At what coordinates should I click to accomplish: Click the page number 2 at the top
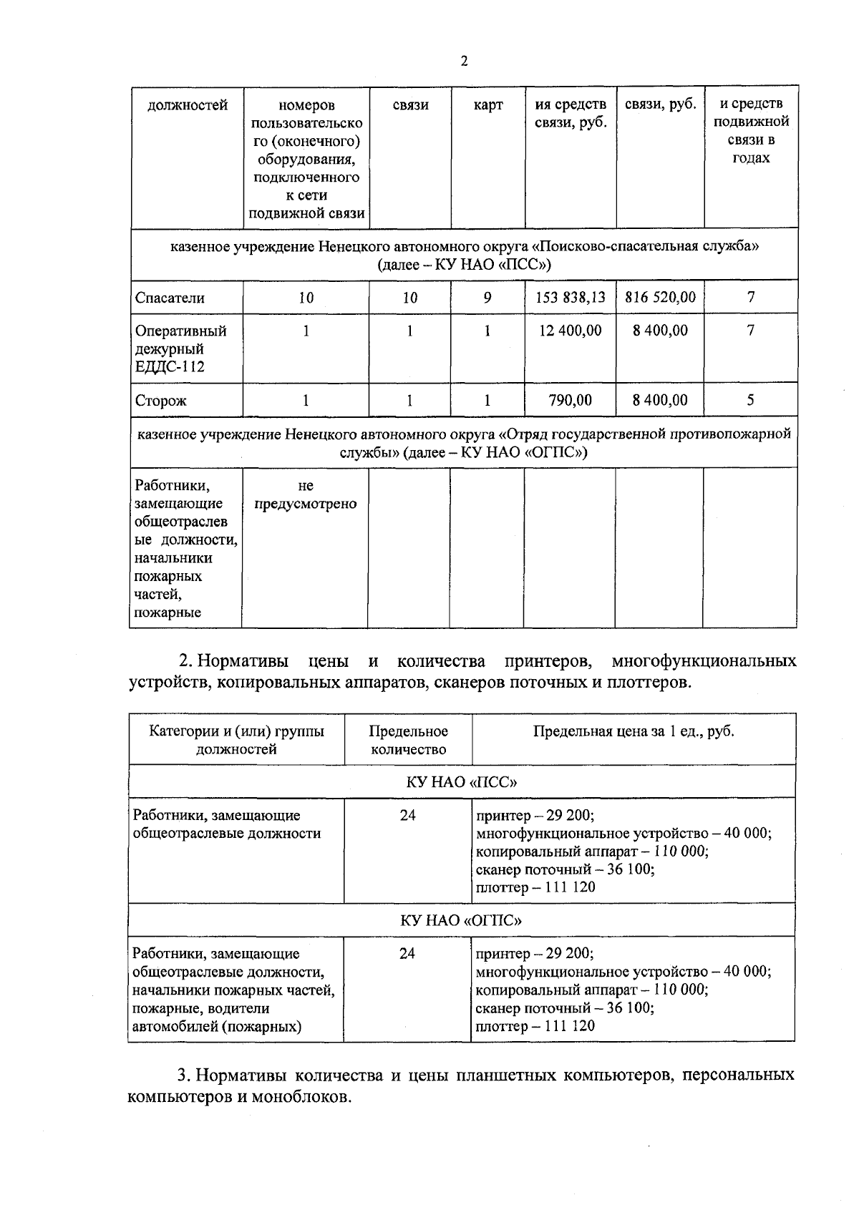[464, 62]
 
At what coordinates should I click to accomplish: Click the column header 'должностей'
[188, 106]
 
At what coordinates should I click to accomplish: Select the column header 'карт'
[488, 105]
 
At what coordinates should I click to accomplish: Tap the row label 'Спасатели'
[170, 298]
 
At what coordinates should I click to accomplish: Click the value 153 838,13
[571, 297]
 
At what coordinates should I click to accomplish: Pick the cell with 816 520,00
[660, 297]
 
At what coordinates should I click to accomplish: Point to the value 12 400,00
[571, 331]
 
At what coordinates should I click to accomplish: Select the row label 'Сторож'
[161, 401]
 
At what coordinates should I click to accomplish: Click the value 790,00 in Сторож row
[571, 400]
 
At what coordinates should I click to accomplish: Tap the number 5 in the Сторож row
[750, 400]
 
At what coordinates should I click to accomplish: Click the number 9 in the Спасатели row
[487, 297]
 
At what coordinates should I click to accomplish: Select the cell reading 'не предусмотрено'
[306, 495]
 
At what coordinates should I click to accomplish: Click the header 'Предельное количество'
[408, 740]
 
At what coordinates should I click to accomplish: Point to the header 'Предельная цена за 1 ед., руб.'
[634, 731]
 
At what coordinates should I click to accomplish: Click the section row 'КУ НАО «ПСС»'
[462, 781]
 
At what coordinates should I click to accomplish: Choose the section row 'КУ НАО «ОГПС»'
[462, 920]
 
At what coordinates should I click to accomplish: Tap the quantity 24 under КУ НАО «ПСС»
[408, 815]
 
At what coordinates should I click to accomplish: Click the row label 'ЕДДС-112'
[170, 367]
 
